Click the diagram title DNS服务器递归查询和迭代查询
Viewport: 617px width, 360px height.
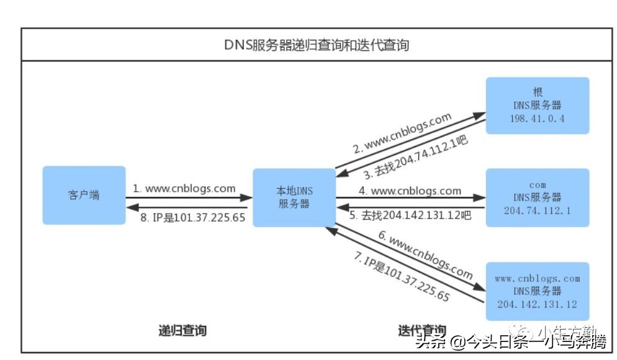pyautogui.click(x=317, y=45)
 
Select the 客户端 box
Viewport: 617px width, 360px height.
pyautogui.click(x=83, y=195)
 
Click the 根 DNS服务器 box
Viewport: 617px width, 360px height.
pyautogui.click(x=537, y=105)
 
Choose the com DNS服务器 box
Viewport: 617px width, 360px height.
pyautogui.click(x=537, y=197)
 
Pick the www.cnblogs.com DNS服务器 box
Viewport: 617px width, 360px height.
pyautogui.click(x=537, y=290)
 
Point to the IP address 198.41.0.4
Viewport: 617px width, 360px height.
pyautogui.click(x=537, y=119)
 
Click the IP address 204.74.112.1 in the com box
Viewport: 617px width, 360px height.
pyautogui.click(x=537, y=211)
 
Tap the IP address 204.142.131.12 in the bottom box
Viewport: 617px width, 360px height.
pyautogui.click(x=537, y=304)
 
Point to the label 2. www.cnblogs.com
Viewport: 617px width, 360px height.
pyautogui.click(x=402, y=133)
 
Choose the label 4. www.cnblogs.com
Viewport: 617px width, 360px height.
pyautogui.click(x=410, y=191)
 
